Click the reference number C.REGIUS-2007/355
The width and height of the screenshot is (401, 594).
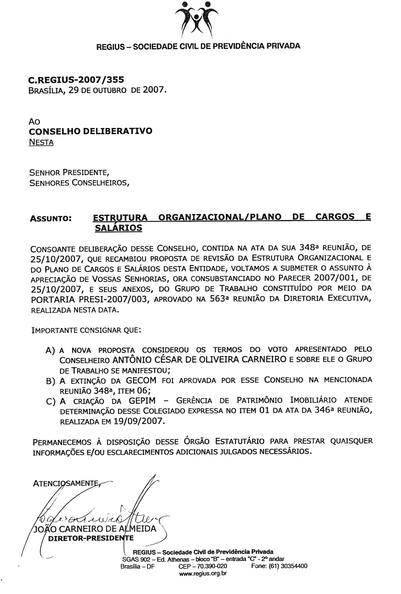[76, 80]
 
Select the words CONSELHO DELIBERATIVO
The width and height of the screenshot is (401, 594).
[91, 131]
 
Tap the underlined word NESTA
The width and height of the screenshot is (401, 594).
[41, 142]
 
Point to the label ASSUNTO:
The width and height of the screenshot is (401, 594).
[51, 219]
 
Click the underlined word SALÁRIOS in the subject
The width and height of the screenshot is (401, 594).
[118, 228]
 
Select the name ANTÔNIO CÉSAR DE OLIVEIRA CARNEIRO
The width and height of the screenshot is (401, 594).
[199, 359]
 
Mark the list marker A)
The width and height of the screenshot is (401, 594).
[50, 350]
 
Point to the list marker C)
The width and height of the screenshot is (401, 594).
[50, 402]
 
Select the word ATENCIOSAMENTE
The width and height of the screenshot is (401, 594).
[66, 483]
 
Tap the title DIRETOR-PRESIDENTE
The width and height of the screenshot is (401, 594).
[91, 538]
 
